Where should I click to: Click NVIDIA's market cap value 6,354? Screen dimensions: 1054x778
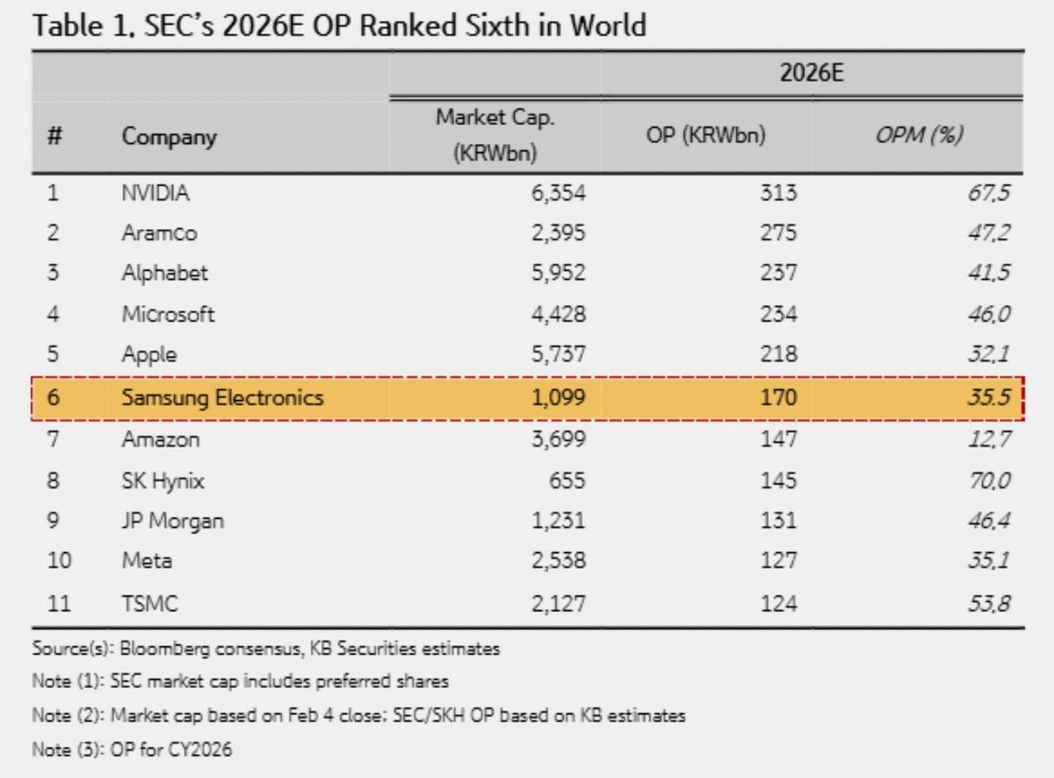point(559,193)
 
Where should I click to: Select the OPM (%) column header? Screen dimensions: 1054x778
point(920,135)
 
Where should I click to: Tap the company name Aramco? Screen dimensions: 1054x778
point(159,233)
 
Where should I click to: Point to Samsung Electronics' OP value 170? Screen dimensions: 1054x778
point(779,397)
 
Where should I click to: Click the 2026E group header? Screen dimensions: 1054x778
point(812,73)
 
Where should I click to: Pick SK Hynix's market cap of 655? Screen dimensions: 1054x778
point(567,481)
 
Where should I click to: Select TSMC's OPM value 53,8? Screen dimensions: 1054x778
point(989,604)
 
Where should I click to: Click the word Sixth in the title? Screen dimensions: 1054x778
point(498,25)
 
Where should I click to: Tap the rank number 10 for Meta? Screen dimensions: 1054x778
point(60,561)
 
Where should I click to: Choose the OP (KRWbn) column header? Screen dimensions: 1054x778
point(706,135)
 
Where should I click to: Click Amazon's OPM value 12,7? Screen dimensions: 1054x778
point(989,440)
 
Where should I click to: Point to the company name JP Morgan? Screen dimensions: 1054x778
point(173,521)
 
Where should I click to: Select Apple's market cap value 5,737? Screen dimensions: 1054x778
point(559,354)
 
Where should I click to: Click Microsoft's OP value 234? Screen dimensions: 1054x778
point(779,314)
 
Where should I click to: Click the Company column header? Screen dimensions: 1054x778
point(170,137)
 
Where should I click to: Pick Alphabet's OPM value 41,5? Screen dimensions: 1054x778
point(989,273)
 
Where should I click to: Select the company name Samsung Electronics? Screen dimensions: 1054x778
point(222,398)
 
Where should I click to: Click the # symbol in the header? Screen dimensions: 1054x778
point(54,135)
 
